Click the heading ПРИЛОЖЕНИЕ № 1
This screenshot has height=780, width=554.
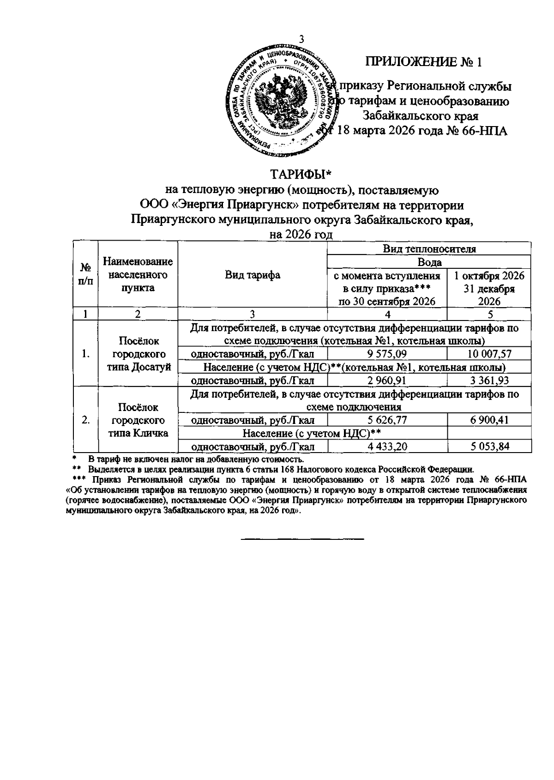click(x=424, y=62)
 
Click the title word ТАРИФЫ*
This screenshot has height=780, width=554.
click(x=301, y=175)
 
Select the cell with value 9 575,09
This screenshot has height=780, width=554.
click(x=387, y=354)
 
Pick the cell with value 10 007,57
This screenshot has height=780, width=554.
click(x=489, y=354)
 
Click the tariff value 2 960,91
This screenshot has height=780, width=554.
click(x=387, y=381)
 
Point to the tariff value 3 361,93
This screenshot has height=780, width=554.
click(x=489, y=381)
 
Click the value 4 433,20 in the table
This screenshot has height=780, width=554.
click(x=387, y=447)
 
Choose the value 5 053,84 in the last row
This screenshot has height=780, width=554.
click(x=489, y=447)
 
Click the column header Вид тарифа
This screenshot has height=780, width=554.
click(x=252, y=275)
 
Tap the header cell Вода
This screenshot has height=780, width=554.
click(x=429, y=262)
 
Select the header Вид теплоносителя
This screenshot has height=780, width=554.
click(x=429, y=249)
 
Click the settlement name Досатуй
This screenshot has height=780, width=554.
click(x=151, y=367)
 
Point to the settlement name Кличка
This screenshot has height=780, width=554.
click(x=150, y=433)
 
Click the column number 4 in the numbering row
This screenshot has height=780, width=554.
click(x=387, y=314)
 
